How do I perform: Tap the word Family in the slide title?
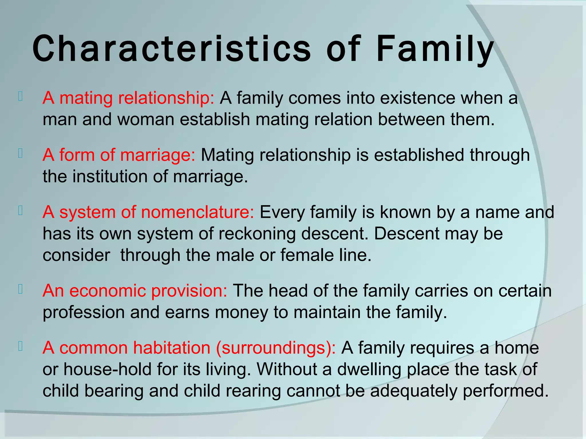pyautogui.click(x=435, y=49)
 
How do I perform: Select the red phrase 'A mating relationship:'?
pyautogui.click(x=128, y=98)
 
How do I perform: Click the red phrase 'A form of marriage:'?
pyautogui.click(x=119, y=155)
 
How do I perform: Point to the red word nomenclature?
pyautogui.click(x=197, y=212)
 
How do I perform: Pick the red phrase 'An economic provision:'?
pyautogui.click(x=135, y=291)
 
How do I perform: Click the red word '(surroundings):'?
pyautogui.click(x=276, y=348)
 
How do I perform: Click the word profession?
pyautogui.click(x=84, y=312)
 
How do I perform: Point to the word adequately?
pyautogui.click(x=413, y=391)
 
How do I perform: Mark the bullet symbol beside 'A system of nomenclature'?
pyautogui.click(x=20, y=211)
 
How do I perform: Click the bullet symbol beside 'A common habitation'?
pyautogui.click(x=20, y=346)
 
